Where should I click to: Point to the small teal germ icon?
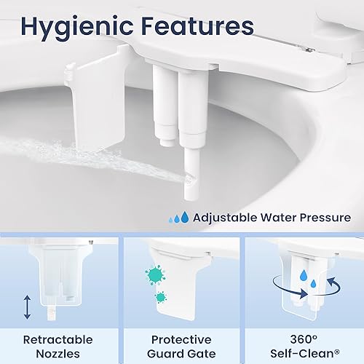[x=160, y=298]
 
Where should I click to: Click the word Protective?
[x=181, y=339]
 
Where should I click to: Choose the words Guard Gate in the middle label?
[x=181, y=355]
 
